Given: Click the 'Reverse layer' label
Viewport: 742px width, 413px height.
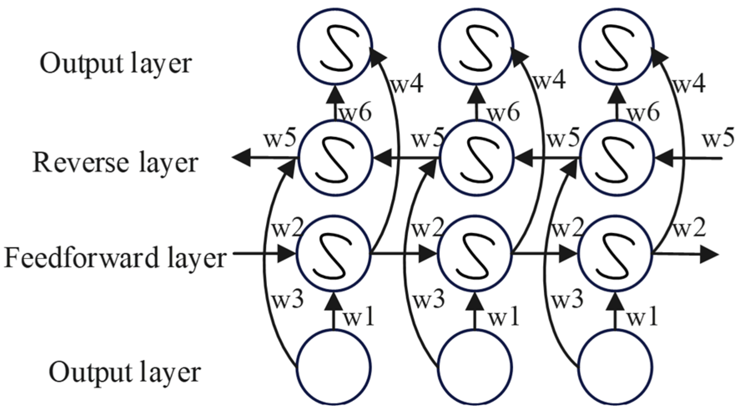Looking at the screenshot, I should tap(115, 162).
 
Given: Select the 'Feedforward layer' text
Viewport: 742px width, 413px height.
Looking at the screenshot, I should tap(115, 258).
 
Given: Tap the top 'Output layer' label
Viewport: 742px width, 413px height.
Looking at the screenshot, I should tap(116, 63).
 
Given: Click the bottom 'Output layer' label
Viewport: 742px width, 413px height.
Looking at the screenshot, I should tap(125, 371).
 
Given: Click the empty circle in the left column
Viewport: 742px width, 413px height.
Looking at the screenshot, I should tap(333, 368).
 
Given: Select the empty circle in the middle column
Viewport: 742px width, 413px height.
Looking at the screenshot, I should tap(475, 368).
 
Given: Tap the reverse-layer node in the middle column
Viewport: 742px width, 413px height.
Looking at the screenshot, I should tap(475, 158).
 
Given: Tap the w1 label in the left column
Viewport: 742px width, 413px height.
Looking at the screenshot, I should tap(358, 317).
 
